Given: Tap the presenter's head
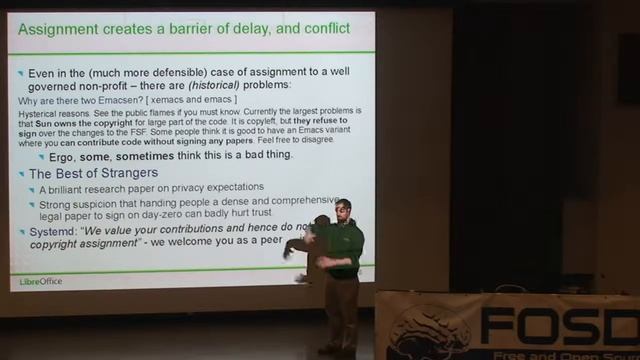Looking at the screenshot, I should tap(343, 207).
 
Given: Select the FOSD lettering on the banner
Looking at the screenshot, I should tap(559, 325).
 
